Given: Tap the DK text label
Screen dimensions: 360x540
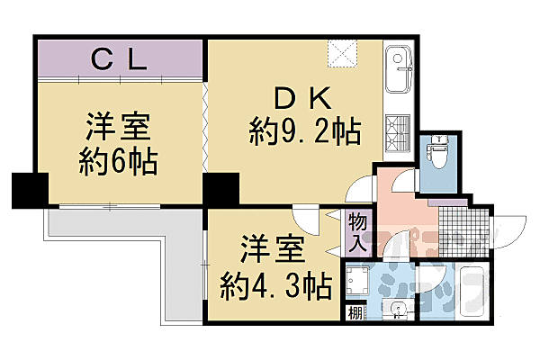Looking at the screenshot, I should pos(302,96).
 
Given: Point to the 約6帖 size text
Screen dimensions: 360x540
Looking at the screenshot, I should pos(118,162).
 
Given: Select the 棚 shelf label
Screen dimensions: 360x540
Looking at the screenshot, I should pos(355,312).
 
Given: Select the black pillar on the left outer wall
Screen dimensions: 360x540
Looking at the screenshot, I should pos(29,189).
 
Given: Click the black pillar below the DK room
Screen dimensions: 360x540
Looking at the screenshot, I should pos(221,189).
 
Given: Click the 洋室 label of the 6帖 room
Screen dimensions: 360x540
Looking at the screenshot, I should pos(118,124).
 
